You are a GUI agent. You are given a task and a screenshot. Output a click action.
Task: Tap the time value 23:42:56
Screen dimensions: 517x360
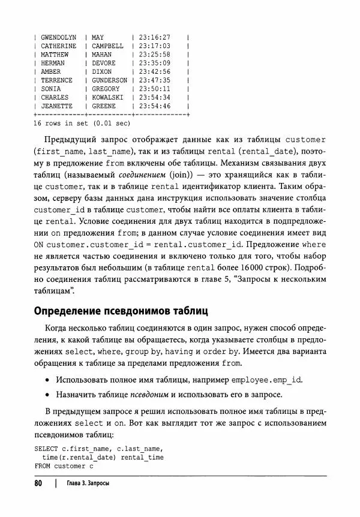tap(154, 71)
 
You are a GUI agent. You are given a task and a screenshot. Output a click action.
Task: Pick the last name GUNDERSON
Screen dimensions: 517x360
tap(110, 80)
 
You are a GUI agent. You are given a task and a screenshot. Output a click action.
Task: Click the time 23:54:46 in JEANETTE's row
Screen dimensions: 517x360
tap(154, 106)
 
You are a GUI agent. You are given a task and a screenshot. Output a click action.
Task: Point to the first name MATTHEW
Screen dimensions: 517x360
tap(55, 55)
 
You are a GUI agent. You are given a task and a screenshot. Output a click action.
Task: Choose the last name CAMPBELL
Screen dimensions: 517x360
tap(107, 46)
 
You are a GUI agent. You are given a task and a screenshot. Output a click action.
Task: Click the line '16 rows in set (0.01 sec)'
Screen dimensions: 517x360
tap(82, 124)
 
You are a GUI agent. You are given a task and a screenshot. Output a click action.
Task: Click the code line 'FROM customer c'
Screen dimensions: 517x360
tap(64, 466)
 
